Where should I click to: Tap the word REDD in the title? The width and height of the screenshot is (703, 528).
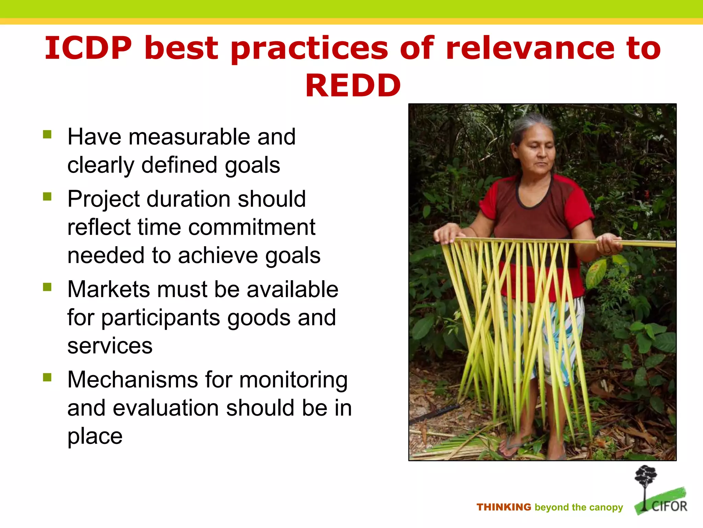(353, 86)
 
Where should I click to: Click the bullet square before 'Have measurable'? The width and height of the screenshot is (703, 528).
(47, 134)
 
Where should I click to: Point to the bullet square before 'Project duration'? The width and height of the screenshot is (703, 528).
(47, 196)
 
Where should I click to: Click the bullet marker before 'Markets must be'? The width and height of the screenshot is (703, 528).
(47, 287)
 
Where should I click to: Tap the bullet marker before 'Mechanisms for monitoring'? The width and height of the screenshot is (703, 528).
(47, 377)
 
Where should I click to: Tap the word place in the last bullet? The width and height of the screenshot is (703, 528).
(95, 437)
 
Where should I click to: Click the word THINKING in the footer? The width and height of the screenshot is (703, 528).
(504, 507)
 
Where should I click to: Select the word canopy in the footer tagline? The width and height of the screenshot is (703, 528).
(607, 508)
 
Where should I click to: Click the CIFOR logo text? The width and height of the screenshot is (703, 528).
(669, 506)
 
